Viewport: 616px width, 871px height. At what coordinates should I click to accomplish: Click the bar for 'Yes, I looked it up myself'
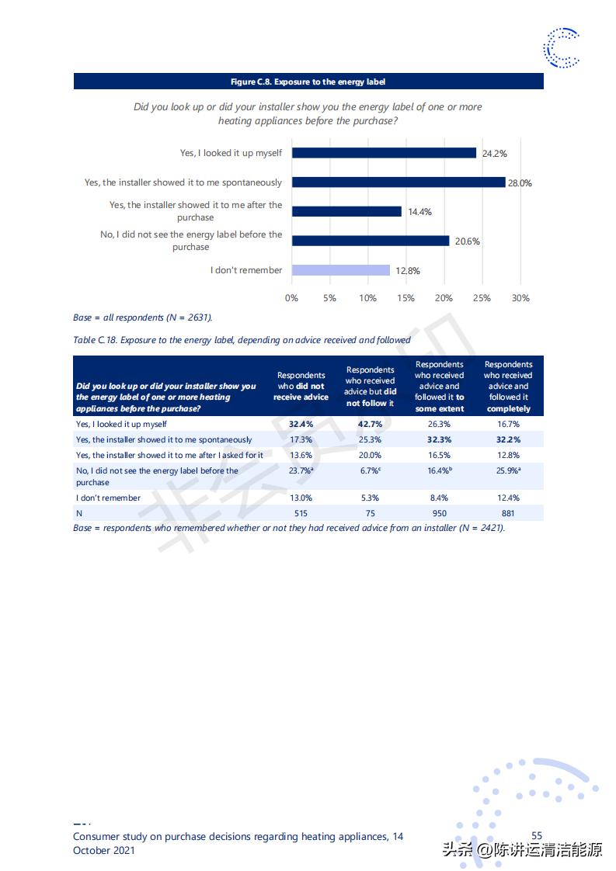pyautogui.click(x=384, y=153)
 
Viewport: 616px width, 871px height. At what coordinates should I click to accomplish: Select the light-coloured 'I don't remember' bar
pyautogui.click(x=341, y=270)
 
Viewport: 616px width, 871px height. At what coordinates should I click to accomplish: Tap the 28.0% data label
pyautogui.click(x=520, y=183)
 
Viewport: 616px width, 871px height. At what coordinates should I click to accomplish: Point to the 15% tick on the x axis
pyautogui.click(x=405, y=298)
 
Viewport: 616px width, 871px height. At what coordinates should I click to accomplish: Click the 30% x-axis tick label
pyautogui.click(x=520, y=298)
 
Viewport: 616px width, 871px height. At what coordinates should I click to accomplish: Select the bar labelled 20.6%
pyautogui.click(x=371, y=241)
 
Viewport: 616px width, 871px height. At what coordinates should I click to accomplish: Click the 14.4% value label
pyautogui.click(x=419, y=212)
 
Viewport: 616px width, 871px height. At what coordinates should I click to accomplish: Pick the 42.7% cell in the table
pyautogui.click(x=370, y=425)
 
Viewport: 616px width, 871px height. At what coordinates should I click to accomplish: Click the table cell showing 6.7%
pyautogui.click(x=370, y=470)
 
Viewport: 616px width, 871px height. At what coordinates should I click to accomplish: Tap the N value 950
pyautogui.click(x=439, y=513)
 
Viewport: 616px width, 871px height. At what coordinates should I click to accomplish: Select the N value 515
pyautogui.click(x=301, y=513)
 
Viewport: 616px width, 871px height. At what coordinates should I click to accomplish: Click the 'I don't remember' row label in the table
pyautogui.click(x=109, y=498)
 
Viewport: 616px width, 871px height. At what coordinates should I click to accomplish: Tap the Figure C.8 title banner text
pyautogui.click(x=308, y=82)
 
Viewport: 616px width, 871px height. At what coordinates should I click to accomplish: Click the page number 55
pyautogui.click(x=537, y=836)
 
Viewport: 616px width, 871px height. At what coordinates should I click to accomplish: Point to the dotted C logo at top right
pyautogui.click(x=562, y=47)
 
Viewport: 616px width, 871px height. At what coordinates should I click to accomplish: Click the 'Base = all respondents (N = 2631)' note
pyautogui.click(x=143, y=318)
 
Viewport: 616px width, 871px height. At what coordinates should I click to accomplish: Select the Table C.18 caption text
pyautogui.click(x=242, y=340)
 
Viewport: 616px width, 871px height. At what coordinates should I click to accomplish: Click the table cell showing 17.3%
pyautogui.click(x=301, y=439)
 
